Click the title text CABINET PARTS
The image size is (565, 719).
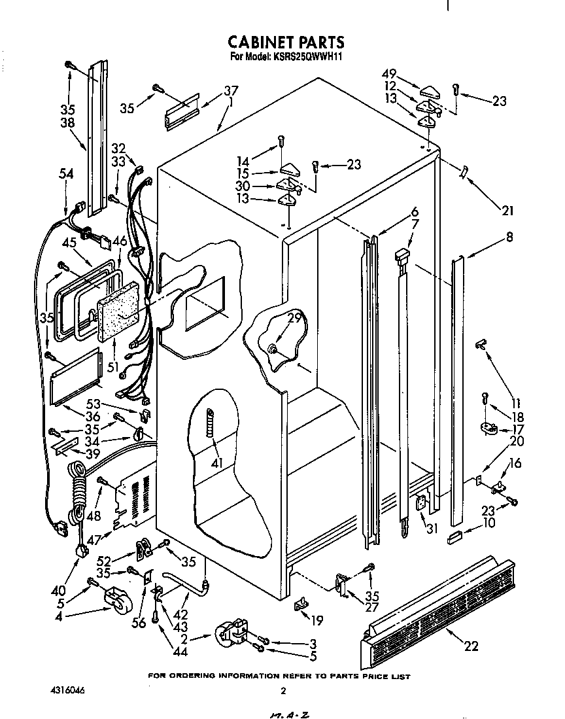click(x=286, y=42)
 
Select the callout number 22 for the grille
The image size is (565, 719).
click(x=471, y=646)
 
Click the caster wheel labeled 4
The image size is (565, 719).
click(x=115, y=601)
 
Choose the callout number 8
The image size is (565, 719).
click(x=509, y=238)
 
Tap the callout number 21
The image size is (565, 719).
click(x=507, y=211)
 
